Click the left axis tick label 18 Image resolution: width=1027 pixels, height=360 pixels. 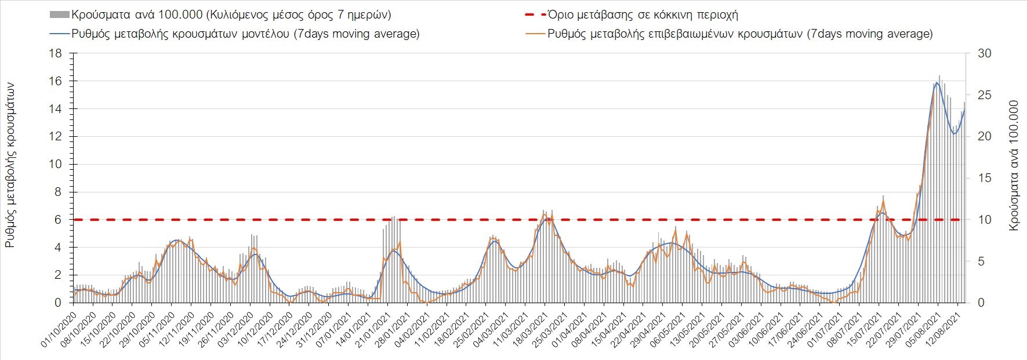pos(55,53)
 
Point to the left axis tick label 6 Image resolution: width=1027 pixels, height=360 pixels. pos(58,220)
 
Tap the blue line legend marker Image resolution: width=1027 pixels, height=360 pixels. pos(59,34)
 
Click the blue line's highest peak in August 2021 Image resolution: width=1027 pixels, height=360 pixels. pos(937,82)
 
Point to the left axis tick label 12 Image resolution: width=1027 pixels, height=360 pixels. pos(55,136)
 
